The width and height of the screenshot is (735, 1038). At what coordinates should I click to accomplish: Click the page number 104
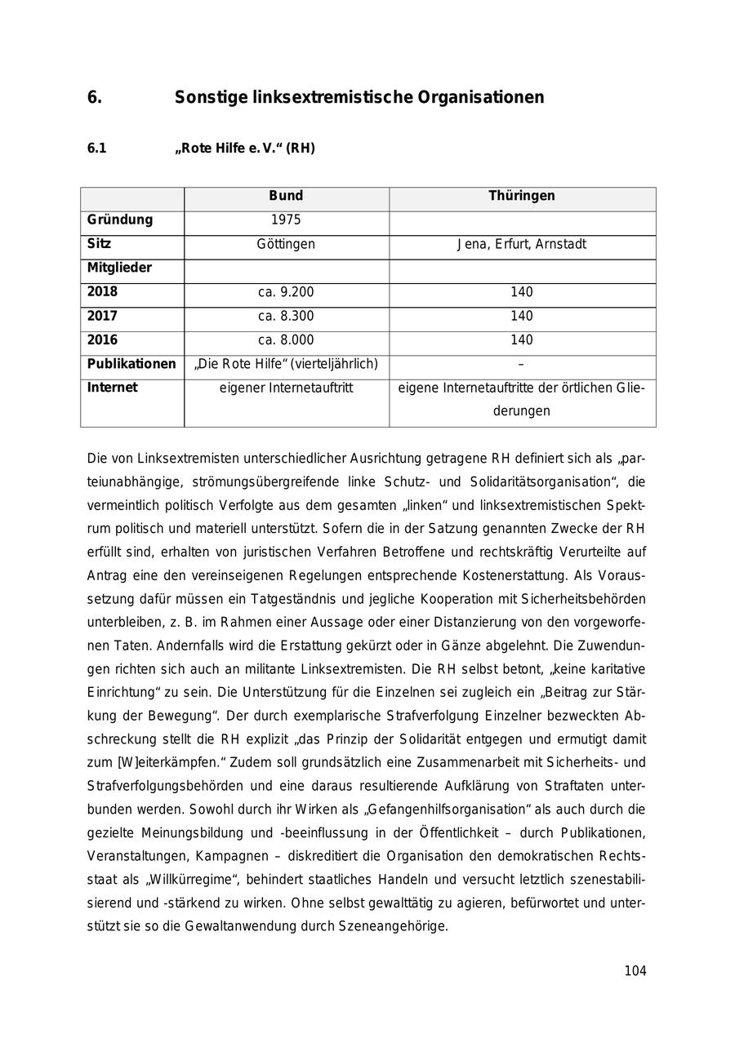[635, 970]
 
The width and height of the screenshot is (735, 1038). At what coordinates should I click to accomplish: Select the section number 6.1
[96, 149]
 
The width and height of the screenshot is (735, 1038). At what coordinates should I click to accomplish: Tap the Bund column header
[286, 196]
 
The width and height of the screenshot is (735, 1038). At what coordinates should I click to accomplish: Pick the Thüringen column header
[522, 196]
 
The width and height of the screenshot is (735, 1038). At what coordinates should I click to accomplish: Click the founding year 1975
[286, 220]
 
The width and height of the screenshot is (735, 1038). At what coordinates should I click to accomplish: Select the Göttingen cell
[286, 244]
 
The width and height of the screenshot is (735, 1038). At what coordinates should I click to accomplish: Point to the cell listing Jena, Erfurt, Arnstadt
[522, 244]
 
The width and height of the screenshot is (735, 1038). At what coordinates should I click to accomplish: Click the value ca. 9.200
[286, 292]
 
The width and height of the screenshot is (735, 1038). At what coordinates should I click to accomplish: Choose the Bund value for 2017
[286, 316]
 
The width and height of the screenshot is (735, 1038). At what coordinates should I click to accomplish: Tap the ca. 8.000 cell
[286, 339]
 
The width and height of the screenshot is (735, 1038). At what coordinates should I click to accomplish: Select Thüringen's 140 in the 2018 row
[522, 292]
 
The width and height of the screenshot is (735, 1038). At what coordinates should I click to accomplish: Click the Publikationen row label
[131, 364]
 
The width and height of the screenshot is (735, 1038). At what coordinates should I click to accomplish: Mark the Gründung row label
[120, 220]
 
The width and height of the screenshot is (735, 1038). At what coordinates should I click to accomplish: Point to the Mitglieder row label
[120, 268]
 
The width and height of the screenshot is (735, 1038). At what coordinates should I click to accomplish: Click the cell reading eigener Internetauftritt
[286, 388]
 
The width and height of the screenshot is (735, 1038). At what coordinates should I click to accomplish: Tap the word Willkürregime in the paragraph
[186, 880]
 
